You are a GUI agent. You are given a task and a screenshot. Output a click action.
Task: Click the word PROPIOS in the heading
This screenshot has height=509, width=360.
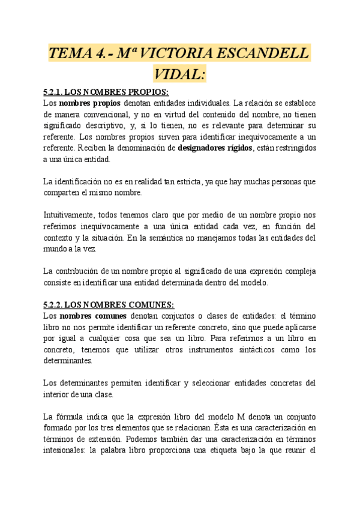(x=147, y=92)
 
